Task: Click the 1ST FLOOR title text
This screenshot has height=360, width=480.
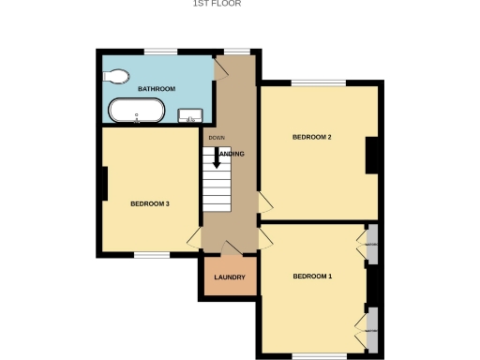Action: [x=217, y=4]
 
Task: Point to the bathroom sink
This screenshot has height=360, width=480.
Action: [x=191, y=116]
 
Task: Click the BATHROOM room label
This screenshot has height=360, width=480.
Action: [x=157, y=89]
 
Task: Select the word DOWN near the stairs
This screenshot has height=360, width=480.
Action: [x=217, y=139]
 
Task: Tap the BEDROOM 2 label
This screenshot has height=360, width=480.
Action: [x=312, y=138]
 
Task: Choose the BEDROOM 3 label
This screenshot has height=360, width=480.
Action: [x=149, y=203]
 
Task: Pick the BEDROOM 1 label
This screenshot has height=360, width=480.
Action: [x=312, y=277]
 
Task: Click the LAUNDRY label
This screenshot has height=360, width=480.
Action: [x=229, y=277]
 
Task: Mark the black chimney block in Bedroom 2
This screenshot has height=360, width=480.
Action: [x=371, y=155]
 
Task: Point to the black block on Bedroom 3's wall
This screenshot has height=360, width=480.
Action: [x=101, y=183]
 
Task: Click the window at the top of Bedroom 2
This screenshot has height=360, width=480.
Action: [x=320, y=83]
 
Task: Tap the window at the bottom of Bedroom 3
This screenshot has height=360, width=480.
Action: [x=150, y=254]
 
